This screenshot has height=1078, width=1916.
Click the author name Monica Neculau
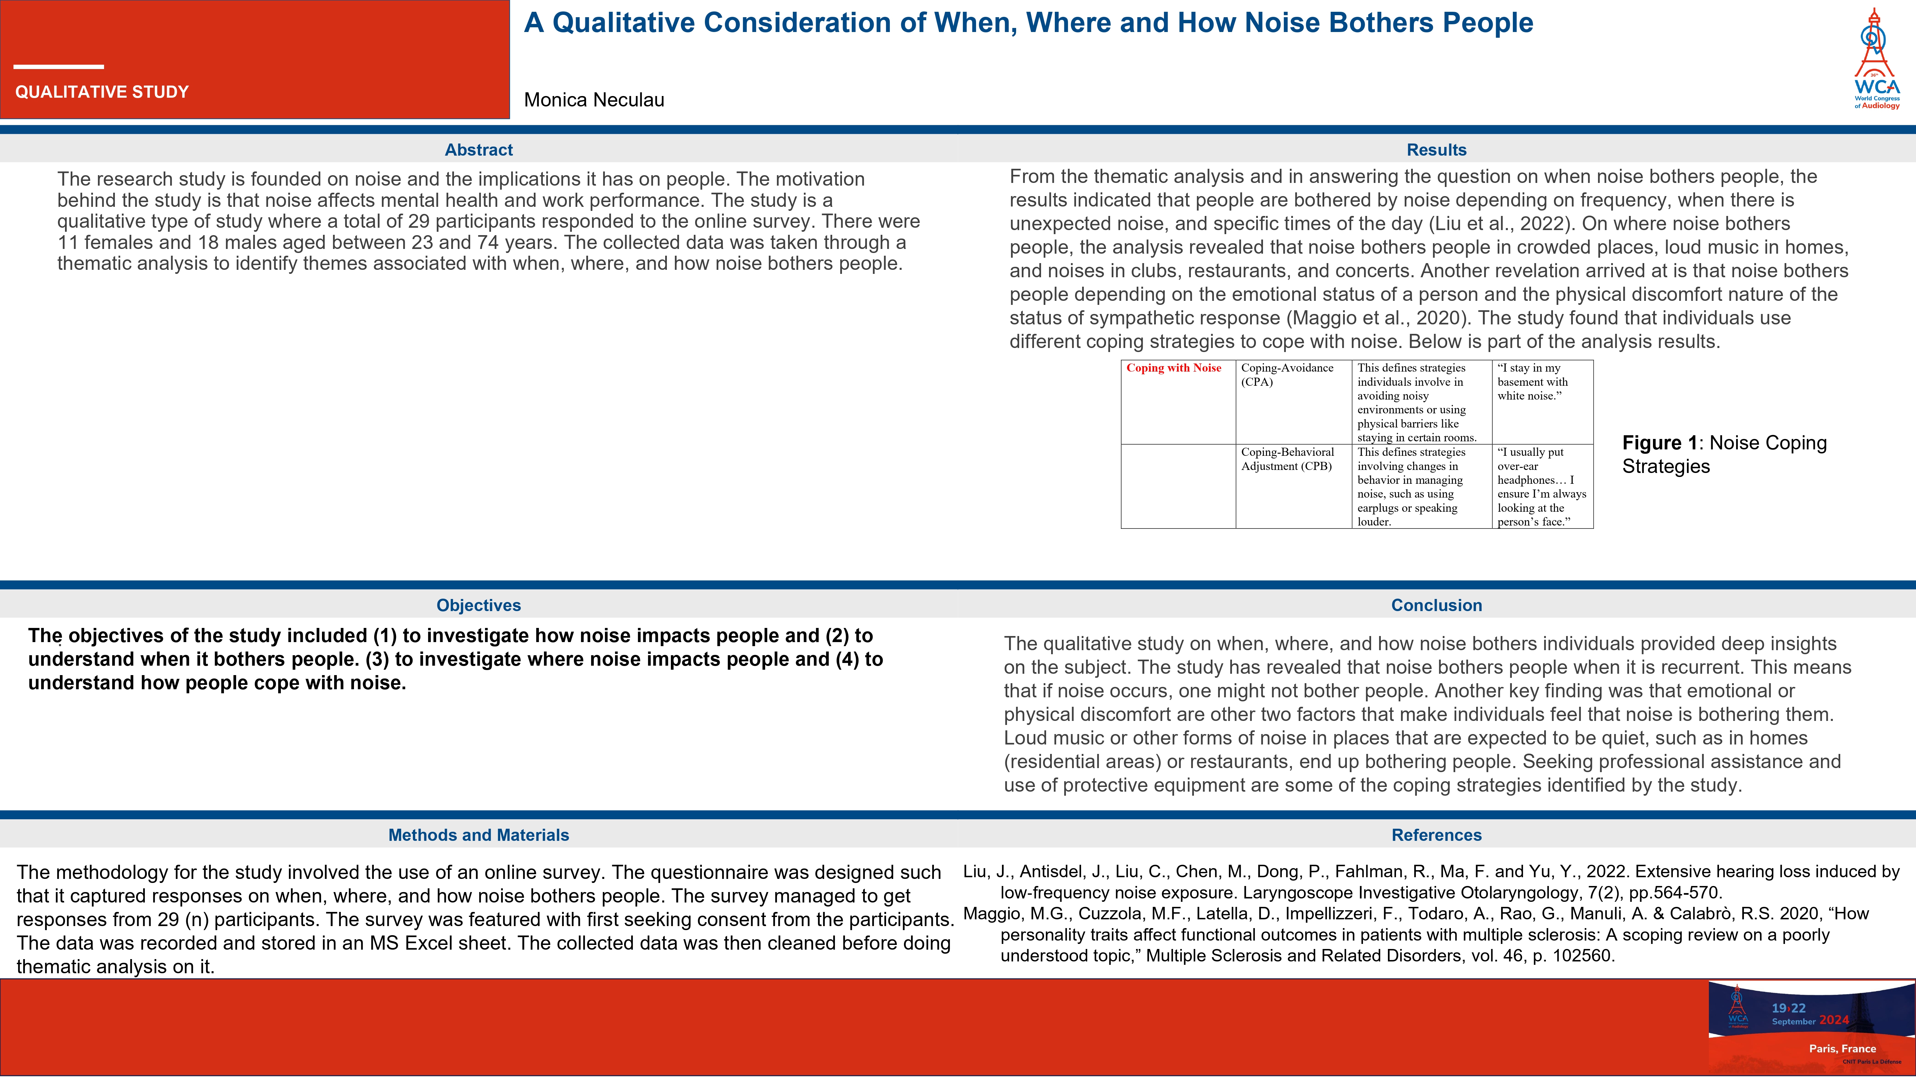593,100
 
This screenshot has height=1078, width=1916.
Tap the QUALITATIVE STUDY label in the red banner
102,92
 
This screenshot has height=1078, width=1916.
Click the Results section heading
1436,150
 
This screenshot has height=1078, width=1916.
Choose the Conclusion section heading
1436,605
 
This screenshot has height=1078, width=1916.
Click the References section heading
1436,835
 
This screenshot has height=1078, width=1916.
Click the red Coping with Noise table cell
1174,368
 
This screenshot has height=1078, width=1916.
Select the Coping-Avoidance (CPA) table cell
1288,375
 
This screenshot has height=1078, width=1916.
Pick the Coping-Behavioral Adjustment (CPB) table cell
1288,459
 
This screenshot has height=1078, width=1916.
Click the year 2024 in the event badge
1834,1020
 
